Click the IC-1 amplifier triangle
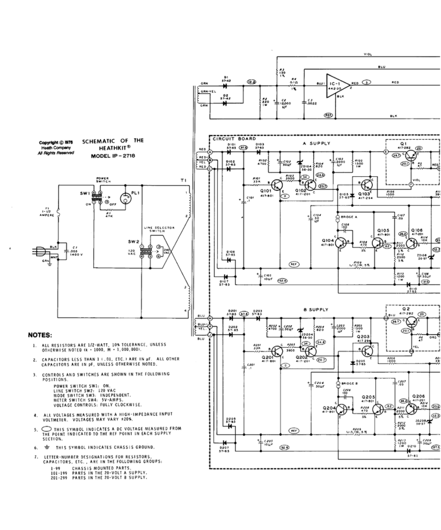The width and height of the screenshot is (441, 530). [x=337, y=86]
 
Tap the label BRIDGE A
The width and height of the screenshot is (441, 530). [x=348, y=217]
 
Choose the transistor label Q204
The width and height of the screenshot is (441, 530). [x=329, y=408]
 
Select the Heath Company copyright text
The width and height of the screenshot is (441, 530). [x=56, y=148]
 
